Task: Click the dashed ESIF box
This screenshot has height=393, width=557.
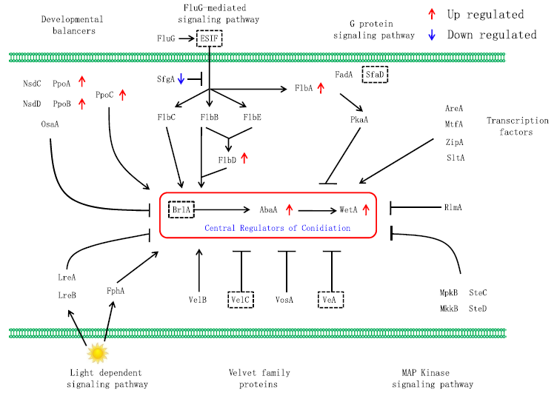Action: [209, 38]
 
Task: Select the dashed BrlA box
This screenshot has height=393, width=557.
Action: [181, 209]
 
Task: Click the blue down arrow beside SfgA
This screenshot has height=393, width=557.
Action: [180, 78]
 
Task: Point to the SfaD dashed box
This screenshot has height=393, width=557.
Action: [376, 75]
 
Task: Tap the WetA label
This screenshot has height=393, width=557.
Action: [348, 209]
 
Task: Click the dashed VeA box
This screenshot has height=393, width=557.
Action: [330, 299]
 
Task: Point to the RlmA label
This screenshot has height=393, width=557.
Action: [453, 207]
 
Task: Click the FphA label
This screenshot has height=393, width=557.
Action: [116, 291]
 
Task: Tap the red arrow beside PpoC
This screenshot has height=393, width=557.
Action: [123, 94]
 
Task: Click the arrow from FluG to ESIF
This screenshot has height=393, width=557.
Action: [185, 38]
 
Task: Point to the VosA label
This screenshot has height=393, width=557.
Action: [285, 299]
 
